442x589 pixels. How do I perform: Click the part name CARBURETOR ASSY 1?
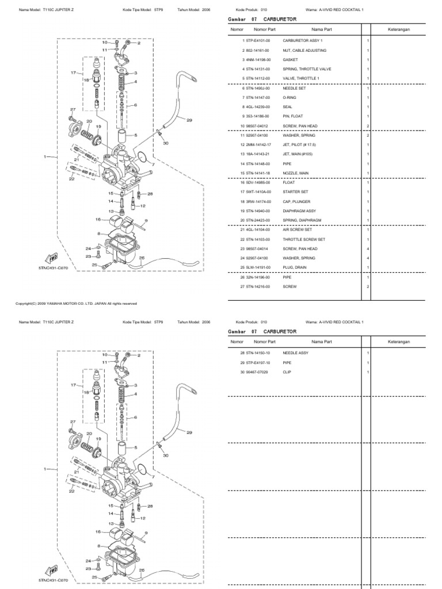[x=303, y=41]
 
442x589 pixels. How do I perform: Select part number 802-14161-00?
[x=257, y=51]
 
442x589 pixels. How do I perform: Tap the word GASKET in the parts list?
[x=290, y=60]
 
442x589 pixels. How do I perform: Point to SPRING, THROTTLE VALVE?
[x=307, y=69]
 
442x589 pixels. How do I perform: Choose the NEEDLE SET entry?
[x=294, y=88]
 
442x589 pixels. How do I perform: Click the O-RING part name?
[x=289, y=98]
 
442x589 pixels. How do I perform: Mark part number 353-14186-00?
[x=257, y=116]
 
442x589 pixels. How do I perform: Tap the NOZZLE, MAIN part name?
[x=296, y=173]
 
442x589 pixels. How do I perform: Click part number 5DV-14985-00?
[x=257, y=182]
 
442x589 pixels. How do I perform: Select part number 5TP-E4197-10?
[x=257, y=362]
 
